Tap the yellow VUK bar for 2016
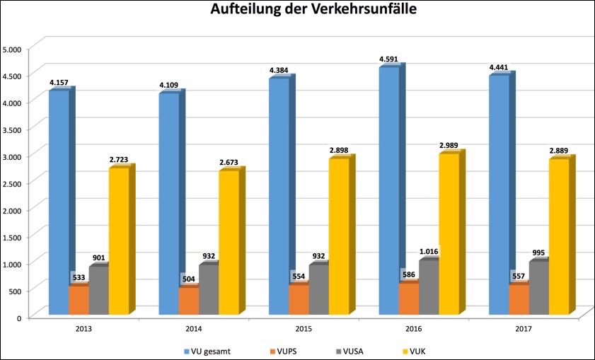coord(449,233)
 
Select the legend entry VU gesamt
coord(209,351)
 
